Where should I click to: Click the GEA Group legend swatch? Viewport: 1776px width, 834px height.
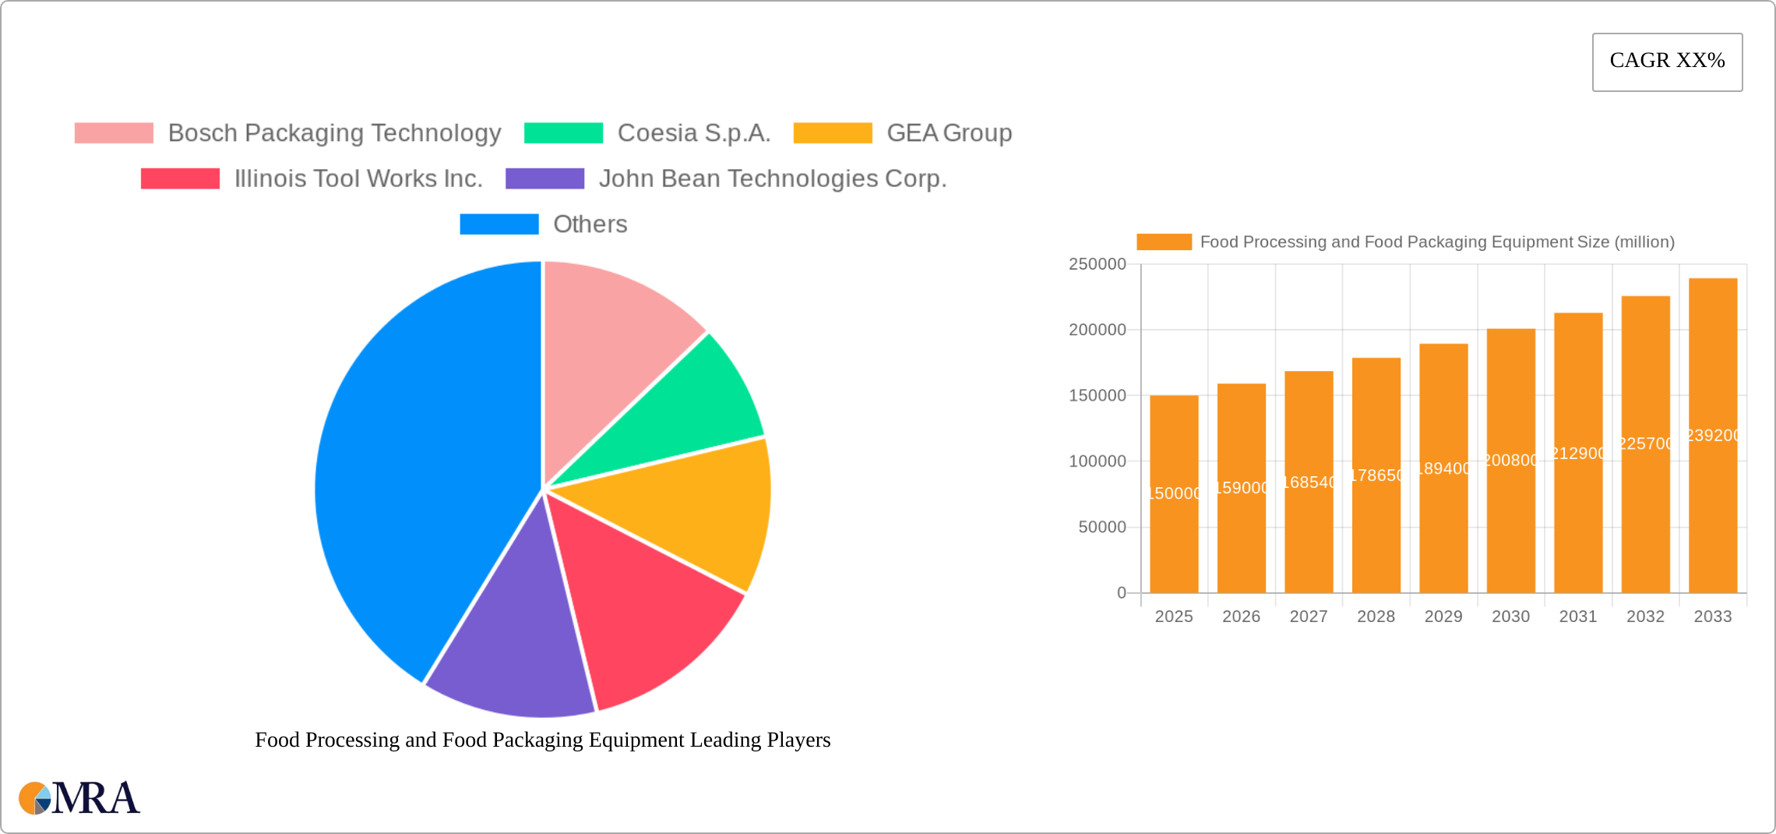pos(832,133)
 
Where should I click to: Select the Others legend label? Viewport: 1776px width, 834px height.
pos(590,224)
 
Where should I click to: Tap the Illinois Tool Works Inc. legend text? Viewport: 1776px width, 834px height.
pos(358,179)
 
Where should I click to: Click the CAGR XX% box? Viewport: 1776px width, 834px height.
pos(1667,62)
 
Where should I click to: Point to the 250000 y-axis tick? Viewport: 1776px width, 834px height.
pos(1097,264)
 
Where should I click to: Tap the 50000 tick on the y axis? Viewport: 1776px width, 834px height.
pos(1101,528)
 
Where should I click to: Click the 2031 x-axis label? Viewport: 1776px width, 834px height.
pos(1578,617)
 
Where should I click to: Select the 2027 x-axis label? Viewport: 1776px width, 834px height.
pos(1309,617)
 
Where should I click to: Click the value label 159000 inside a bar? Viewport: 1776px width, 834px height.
pos(1242,488)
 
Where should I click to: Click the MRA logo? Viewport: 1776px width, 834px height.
pos(79,798)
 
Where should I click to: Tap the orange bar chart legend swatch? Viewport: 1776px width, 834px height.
pos(1164,242)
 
